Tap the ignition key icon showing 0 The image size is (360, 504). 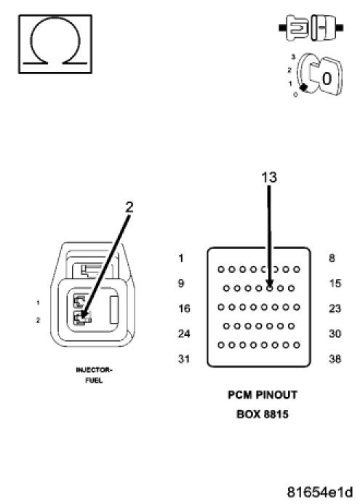click(x=319, y=79)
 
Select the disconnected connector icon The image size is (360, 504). click(x=310, y=30)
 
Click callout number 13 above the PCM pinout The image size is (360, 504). click(x=269, y=177)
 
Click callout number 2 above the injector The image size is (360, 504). click(x=129, y=206)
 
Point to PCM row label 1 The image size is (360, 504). click(x=181, y=258)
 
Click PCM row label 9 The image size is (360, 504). click(x=181, y=284)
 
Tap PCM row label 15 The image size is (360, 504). click(x=335, y=284)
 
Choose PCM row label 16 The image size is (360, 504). click(x=183, y=309)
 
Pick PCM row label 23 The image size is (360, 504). click(x=335, y=309)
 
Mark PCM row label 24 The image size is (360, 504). click(x=183, y=335)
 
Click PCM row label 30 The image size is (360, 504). click(x=335, y=335)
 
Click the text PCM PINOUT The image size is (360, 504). click(x=263, y=396)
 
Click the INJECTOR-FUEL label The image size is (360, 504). click(x=94, y=375)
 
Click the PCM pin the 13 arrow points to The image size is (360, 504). click(x=269, y=287)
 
